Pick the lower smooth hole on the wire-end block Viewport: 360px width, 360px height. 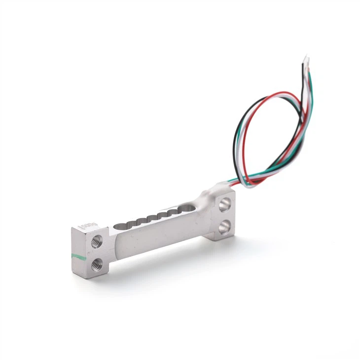[225, 226]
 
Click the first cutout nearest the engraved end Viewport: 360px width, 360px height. [120, 226]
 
